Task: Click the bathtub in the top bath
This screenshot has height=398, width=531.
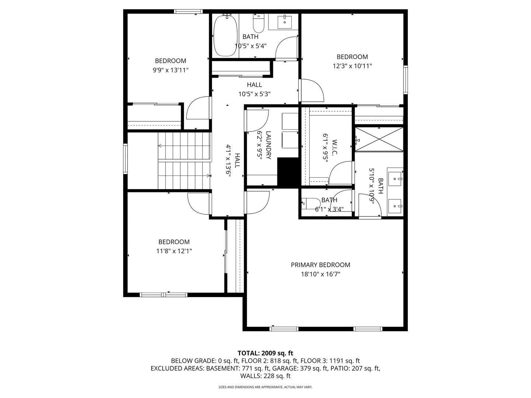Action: pos(225,35)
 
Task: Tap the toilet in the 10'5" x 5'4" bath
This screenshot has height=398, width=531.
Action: pos(258,24)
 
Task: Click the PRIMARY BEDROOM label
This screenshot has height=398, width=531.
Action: pos(320,265)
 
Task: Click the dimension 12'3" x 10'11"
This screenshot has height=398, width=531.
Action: pos(352,66)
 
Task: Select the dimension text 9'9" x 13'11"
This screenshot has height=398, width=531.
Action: pos(170,70)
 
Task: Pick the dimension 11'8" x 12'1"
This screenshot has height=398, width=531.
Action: pos(174,251)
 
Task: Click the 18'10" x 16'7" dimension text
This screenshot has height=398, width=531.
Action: pos(320,274)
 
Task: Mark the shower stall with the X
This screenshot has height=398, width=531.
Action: pos(379,139)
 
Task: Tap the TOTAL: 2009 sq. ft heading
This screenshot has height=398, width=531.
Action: pos(265,353)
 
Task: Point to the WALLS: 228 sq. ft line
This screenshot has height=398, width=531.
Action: pos(265,376)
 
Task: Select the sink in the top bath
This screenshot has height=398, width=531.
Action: pos(284,22)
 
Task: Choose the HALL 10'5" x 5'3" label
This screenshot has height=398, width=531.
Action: pos(254,89)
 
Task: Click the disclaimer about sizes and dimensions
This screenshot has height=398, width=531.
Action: pos(265,387)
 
